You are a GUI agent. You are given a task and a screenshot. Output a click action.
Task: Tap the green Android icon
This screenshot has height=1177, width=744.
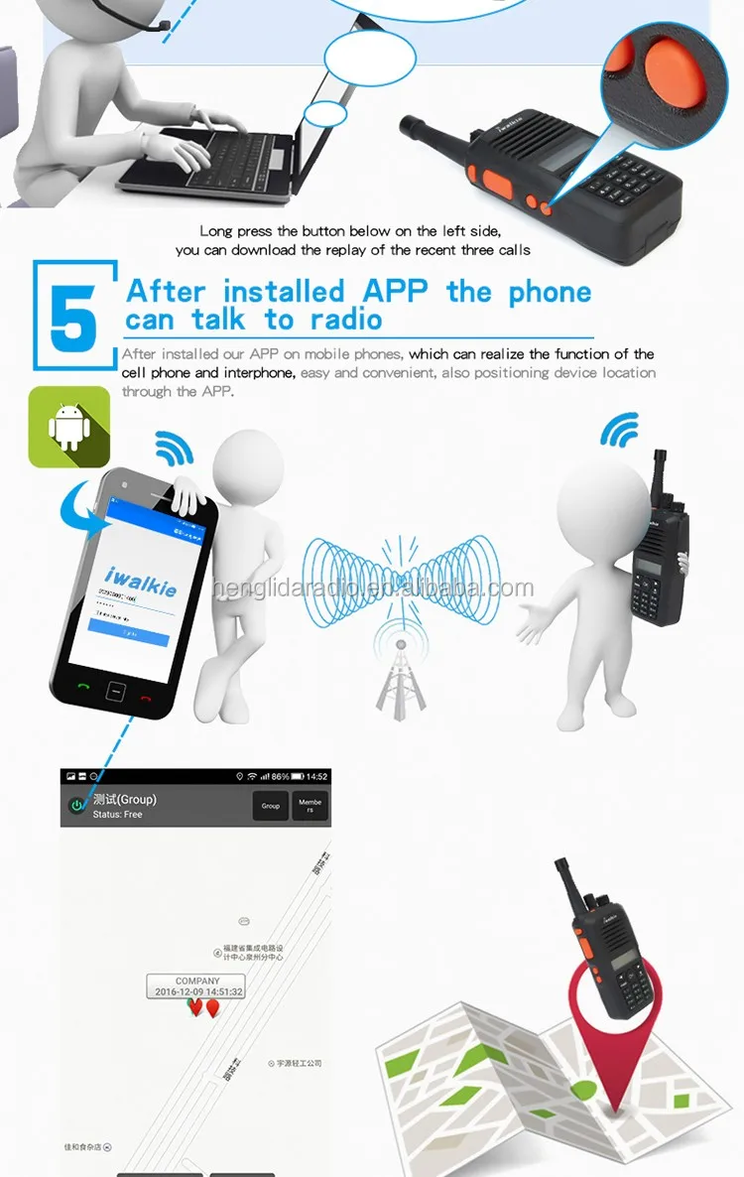coord(68,427)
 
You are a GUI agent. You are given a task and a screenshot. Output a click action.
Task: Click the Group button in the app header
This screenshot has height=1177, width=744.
coord(271,806)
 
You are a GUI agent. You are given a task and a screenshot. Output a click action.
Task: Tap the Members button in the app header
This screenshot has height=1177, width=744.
coord(310,806)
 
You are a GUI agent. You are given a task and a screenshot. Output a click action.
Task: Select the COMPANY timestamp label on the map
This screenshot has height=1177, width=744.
coord(196,985)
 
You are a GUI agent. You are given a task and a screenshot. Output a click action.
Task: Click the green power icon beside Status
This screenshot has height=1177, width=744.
coord(75,806)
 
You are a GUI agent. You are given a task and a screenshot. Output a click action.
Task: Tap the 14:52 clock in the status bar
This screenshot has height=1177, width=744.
coord(316,775)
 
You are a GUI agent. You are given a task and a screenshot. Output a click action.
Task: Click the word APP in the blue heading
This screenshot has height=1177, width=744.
coord(396,292)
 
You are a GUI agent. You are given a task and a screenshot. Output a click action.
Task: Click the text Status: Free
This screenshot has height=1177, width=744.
coord(118,815)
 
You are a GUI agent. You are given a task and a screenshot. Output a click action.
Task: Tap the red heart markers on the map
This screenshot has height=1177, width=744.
coord(203,1008)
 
